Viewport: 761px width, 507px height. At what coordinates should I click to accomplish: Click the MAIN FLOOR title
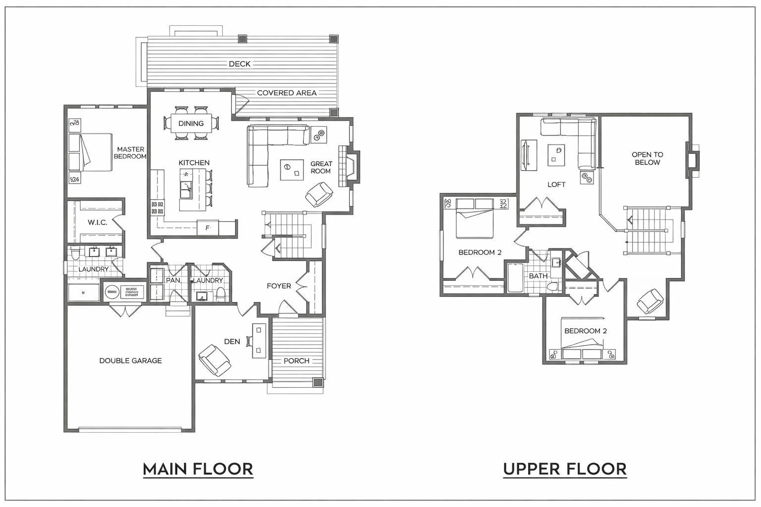(x=198, y=468)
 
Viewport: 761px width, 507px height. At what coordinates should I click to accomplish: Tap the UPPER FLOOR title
(x=564, y=468)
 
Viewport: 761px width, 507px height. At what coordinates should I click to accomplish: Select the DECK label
(x=239, y=64)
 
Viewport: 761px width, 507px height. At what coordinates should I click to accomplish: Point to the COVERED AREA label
(x=286, y=93)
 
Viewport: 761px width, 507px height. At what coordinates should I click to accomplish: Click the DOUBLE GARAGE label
(x=130, y=360)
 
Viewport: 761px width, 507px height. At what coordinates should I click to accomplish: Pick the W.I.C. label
(x=97, y=222)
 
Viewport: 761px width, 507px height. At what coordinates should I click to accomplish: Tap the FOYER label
(x=278, y=286)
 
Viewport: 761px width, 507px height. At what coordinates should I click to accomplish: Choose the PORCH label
(x=296, y=360)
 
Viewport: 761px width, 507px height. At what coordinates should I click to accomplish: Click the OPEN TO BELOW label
(x=647, y=158)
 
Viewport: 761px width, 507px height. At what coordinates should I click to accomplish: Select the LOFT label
(x=556, y=184)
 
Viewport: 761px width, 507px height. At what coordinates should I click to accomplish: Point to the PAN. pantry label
(x=173, y=280)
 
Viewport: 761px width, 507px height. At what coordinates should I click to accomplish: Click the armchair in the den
(x=214, y=359)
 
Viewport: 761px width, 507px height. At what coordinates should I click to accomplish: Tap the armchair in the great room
(x=320, y=194)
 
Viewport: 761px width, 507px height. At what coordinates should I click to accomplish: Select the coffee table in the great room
(x=292, y=170)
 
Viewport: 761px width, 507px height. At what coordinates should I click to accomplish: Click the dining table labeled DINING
(x=191, y=123)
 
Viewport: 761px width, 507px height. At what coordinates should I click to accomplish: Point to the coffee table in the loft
(x=557, y=154)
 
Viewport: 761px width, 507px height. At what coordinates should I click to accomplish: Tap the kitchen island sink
(x=187, y=189)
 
